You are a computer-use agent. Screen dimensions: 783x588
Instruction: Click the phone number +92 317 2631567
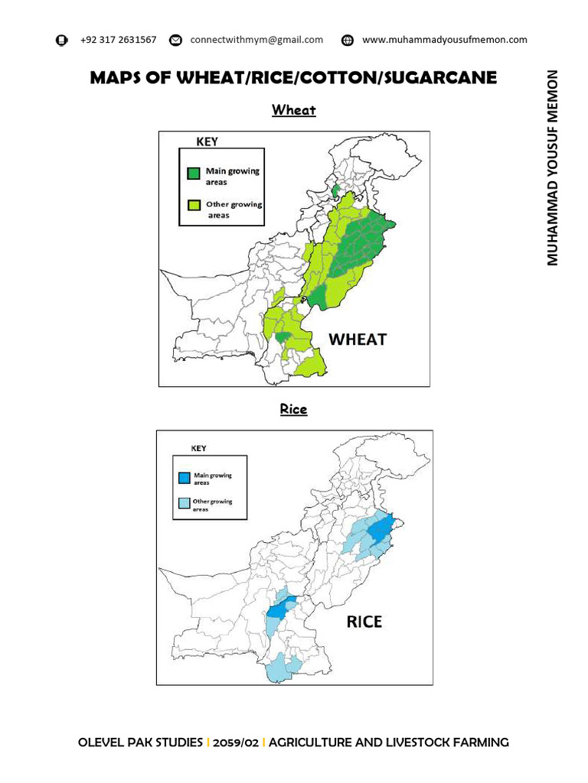(x=118, y=40)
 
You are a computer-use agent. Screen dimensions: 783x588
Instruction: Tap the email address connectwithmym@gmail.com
(x=256, y=40)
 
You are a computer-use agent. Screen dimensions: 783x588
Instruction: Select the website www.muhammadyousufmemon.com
(x=444, y=40)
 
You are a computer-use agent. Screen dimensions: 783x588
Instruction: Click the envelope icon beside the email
(x=175, y=40)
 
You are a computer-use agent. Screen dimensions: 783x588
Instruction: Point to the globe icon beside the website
(x=347, y=40)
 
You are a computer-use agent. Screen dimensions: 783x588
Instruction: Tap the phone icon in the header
(x=62, y=40)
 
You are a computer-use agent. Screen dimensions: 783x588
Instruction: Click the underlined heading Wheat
(x=294, y=110)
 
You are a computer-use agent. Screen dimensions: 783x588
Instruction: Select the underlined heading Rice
(x=293, y=409)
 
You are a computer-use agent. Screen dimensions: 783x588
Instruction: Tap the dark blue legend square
(x=184, y=478)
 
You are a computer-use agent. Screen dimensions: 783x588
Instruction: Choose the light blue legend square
(x=184, y=503)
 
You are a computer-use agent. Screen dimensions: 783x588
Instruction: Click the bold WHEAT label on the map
(x=358, y=339)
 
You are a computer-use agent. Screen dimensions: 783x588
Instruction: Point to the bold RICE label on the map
(x=364, y=621)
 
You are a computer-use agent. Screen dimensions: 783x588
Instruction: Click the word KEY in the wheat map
(x=207, y=141)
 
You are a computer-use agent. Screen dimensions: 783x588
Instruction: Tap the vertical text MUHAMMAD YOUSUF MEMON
(x=553, y=167)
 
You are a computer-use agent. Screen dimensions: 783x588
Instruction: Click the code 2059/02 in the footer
(x=235, y=742)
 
